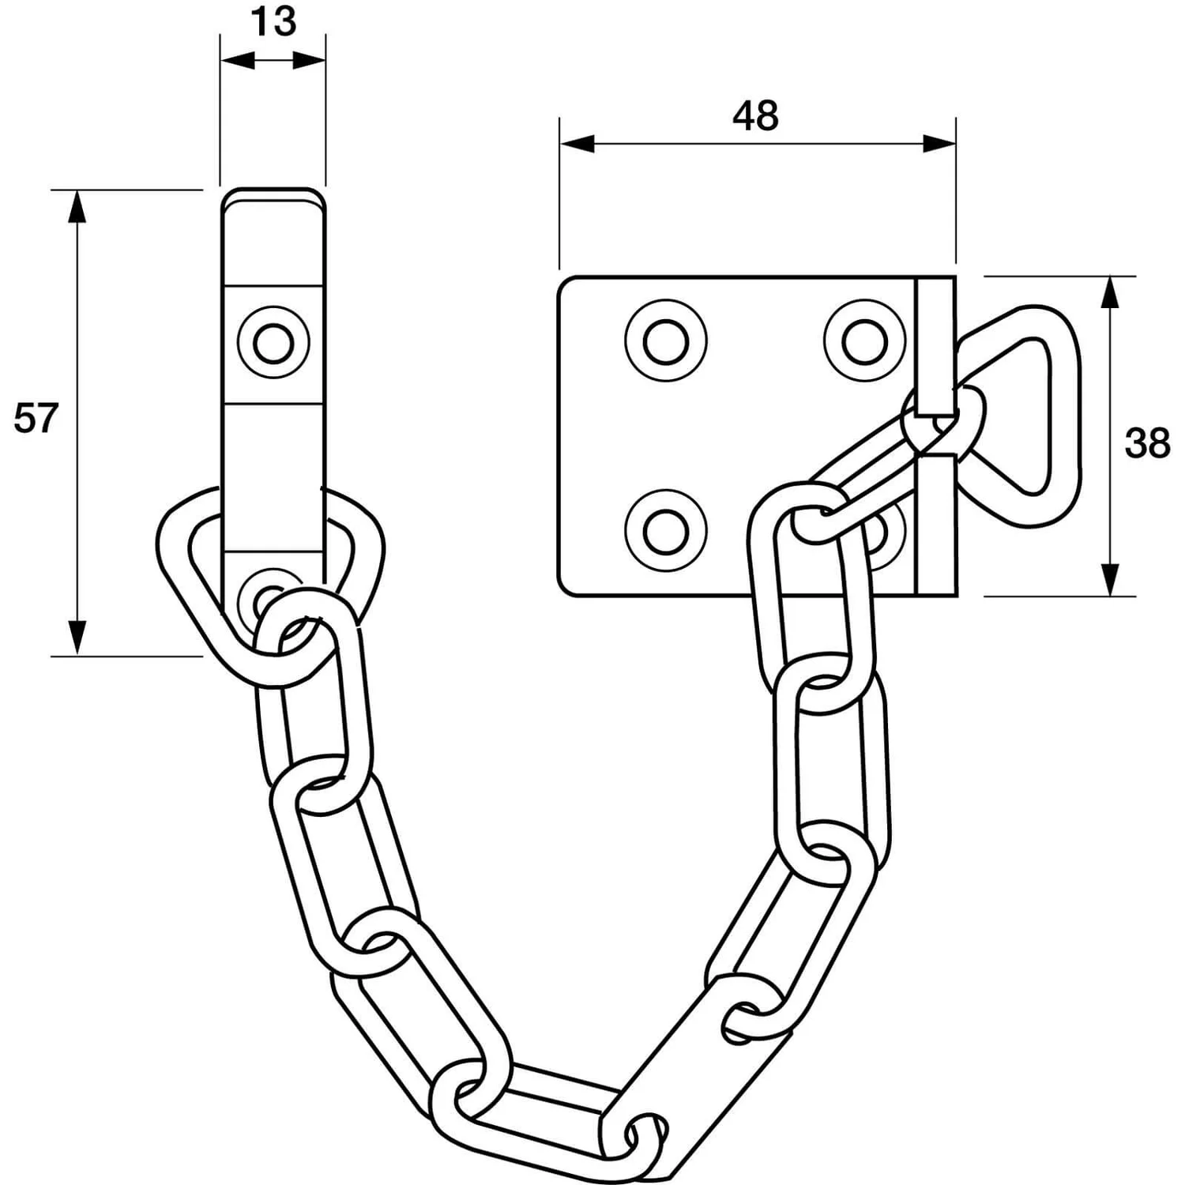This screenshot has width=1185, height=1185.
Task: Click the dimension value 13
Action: click(x=274, y=22)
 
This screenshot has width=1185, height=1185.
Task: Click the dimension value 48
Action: click(x=755, y=116)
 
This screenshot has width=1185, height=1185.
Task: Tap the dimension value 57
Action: click(x=36, y=418)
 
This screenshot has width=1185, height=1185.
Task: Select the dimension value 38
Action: click(x=1147, y=444)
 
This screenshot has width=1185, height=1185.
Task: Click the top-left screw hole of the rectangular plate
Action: click(x=665, y=341)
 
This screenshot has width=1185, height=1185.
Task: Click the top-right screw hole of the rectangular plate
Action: click(x=864, y=341)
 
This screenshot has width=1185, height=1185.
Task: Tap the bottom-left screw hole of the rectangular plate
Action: click(x=665, y=531)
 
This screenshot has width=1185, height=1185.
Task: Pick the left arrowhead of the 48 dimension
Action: click(x=577, y=144)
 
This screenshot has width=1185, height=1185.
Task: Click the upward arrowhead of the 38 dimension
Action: click(x=1110, y=292)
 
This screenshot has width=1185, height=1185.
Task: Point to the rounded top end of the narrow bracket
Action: click(x=273, y=197)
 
